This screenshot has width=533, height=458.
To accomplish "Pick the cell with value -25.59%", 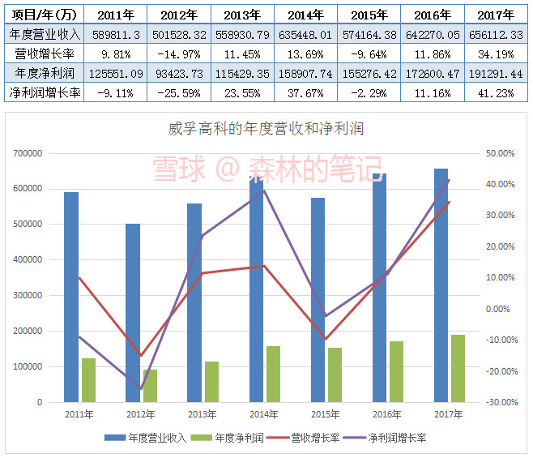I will point(179,93).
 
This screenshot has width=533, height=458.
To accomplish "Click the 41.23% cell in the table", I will point(497,93).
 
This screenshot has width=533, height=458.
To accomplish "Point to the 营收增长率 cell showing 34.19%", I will point(497,54).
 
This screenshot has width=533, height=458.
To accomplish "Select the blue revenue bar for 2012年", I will point(133,312).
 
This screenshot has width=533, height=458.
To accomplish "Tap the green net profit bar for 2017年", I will point(458,368).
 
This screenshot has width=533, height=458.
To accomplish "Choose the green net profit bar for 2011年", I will point(88,379).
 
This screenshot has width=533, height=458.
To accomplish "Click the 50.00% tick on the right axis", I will point(500,153).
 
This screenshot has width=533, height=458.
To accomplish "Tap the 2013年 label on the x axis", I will point(202,415).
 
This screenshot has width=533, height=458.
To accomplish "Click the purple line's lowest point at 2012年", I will point(141,388).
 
